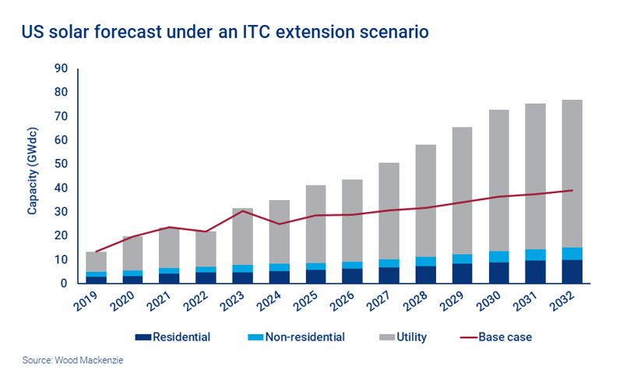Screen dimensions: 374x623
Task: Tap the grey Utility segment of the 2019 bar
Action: click(97, 262)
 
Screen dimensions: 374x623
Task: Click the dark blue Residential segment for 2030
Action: click(499, 273)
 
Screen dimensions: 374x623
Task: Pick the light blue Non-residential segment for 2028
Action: click(425, 261)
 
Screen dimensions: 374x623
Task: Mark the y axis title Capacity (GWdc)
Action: click(33, 176)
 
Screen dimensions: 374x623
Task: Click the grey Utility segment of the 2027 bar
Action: click(389, 210)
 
